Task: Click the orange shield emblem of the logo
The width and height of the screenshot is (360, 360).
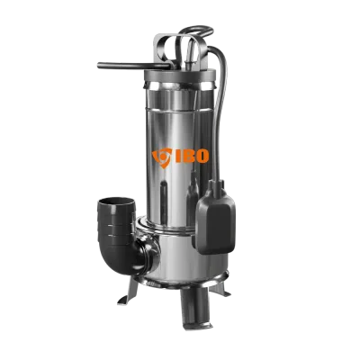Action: (x=162, y=157)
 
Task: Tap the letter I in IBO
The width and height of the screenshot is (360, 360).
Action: (x=177, y=156)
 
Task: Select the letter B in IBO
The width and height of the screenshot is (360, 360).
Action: (x=188, y=156)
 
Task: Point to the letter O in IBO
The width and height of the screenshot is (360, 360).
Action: (x=202, y=156)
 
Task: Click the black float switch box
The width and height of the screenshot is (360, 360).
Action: (x=215, y=219)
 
